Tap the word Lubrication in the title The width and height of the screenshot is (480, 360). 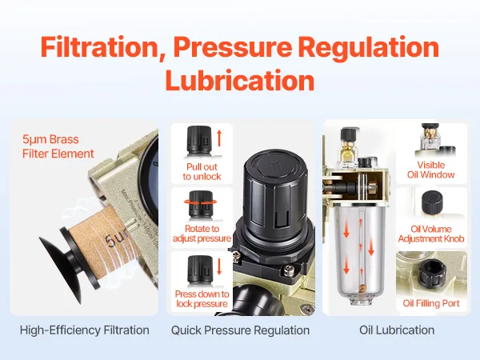(240, 80)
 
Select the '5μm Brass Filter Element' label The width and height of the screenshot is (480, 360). (58, 146)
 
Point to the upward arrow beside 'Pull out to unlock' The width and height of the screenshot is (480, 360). (219, 138)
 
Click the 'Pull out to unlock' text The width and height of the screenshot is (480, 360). (202, 172)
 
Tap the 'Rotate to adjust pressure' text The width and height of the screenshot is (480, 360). (202, 234)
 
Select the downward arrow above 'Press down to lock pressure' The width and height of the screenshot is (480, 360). (219, 266)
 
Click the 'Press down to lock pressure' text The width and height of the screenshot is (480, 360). (202, 298)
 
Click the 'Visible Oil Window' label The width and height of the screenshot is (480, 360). (430, 170)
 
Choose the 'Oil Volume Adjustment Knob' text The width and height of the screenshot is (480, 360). (431, 234)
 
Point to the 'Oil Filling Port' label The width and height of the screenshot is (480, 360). (431, 303)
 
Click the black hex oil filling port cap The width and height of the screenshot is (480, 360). (432, 271)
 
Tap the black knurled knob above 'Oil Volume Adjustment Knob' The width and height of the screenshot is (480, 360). (432, 202)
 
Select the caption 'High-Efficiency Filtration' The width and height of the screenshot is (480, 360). (85, 330)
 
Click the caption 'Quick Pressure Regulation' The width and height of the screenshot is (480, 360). (240, 330)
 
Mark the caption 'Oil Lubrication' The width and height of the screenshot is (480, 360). (397, 330)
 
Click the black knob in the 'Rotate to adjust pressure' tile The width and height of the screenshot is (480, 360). (201, 203)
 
